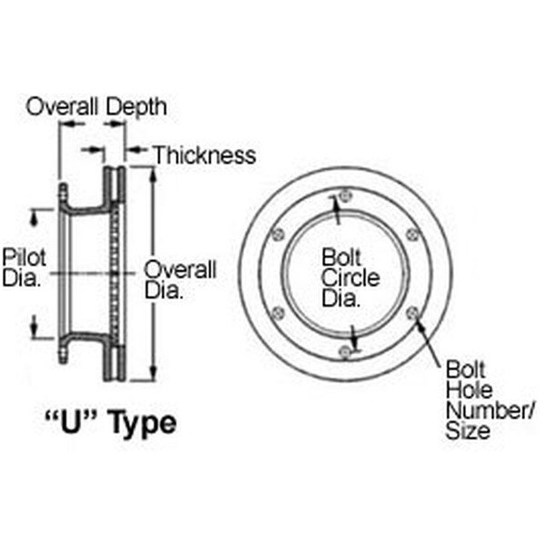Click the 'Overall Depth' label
pos(96,106)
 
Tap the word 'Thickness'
pos(204,156)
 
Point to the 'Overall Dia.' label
pos(180,280)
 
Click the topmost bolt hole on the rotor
pos(344,194)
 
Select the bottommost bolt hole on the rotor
pos(344,352)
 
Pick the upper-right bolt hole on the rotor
pos(412,235)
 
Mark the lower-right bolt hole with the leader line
pos(412,313)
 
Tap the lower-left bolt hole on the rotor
pos(278,313)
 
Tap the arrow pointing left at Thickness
pos(129,150)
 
